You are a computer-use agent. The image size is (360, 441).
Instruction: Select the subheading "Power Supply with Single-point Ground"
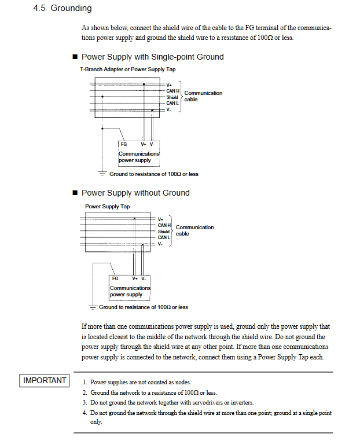[x=152, y=57]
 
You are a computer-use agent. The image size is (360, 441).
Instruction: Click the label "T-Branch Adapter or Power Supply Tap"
[x=127, y=69]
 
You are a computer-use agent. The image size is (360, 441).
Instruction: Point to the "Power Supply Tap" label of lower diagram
[x=108, y=206]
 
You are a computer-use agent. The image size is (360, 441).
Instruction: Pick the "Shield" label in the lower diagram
[x=164, y=231]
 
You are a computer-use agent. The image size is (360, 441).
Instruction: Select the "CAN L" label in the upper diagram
[x=172, y=103]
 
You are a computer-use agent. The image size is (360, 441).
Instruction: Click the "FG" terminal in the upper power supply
[x=124, y=144]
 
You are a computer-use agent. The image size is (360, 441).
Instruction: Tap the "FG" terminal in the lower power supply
[x=115, y=278]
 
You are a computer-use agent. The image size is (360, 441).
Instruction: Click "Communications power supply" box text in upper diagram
[x=139, y=157]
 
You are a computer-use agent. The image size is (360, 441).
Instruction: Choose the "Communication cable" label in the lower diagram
[x=194, y=230]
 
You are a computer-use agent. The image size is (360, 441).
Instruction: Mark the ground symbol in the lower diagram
[x=92, y=307]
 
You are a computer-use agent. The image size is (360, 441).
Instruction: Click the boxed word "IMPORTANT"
[x=45, y=380]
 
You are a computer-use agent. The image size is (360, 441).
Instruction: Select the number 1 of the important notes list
[x=85, y=383]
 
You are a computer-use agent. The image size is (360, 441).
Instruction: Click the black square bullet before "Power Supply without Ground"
[x=75, y=193]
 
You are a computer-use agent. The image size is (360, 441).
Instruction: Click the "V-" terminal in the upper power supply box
[x=152, y=144]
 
